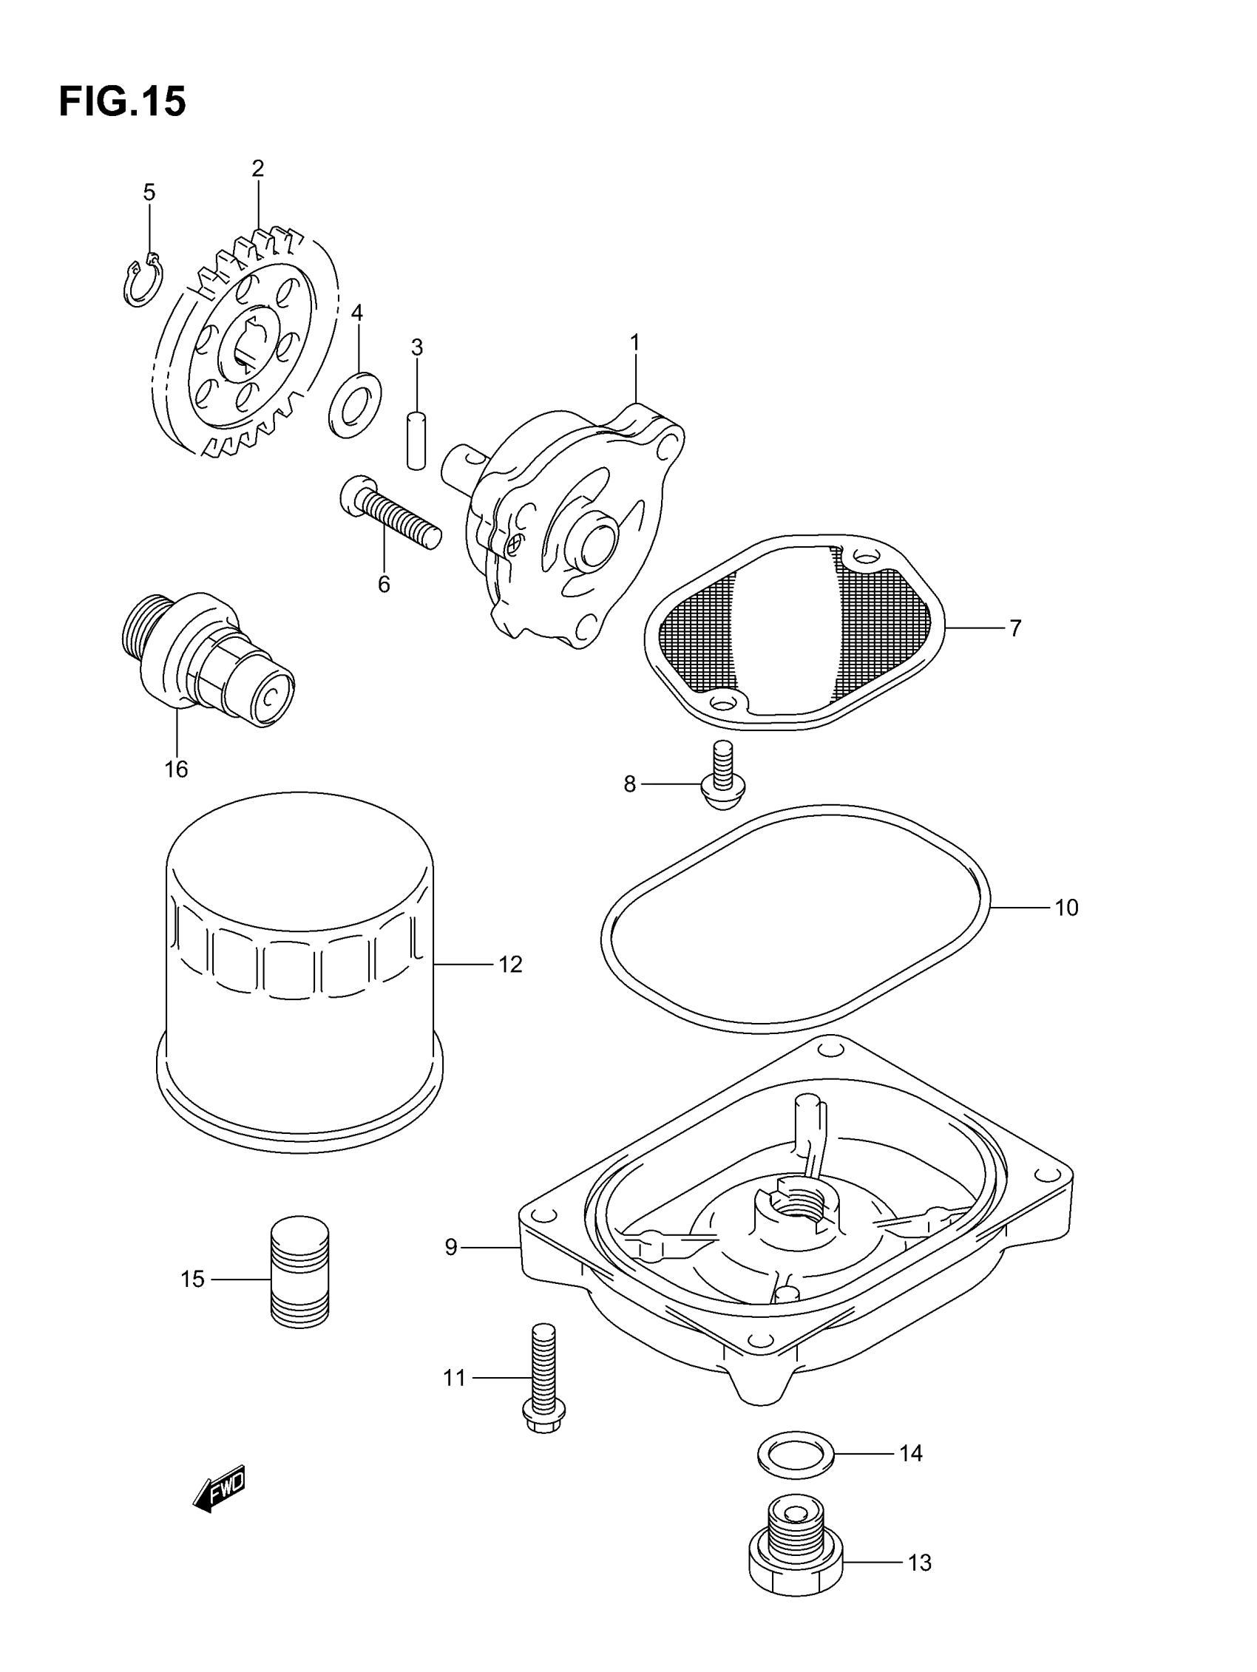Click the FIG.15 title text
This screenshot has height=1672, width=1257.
[122, 101]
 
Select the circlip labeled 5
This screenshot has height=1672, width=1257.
[141, 281]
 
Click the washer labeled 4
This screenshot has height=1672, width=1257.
[355, 404]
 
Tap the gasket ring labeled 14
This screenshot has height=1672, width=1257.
[795, 1453]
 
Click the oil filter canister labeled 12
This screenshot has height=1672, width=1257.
[299, 975]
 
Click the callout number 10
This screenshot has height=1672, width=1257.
[1065, 907]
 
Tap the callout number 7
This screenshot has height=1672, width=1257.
[1015, 628]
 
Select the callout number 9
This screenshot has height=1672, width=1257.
[451, 1247]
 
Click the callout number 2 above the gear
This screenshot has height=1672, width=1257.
[258, 169]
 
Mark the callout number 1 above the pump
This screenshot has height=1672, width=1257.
[635, 343]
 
